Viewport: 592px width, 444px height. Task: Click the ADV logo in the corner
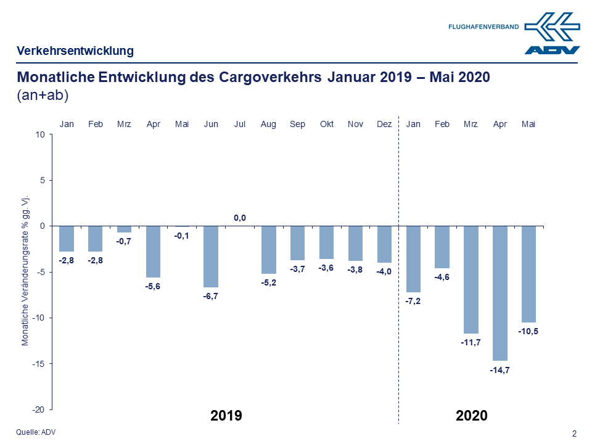pos(552,34)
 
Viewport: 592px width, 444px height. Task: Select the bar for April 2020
pos(499,293)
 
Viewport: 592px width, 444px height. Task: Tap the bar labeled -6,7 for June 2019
pos(211,257)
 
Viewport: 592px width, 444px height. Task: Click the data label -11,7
pos(471,342)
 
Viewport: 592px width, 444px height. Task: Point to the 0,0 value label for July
pos(240,218)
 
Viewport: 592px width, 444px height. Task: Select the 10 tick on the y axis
pos(41,134)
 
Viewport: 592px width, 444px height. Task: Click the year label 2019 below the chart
pos(226,416)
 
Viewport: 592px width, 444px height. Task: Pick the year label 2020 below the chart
pos(472,416)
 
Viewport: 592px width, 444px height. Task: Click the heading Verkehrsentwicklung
pos(75,51)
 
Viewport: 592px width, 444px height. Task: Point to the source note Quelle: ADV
pos(36,432)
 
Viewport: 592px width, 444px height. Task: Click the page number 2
pos(575,434)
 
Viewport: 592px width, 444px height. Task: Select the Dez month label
pos(384,124)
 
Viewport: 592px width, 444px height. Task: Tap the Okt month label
pos(327,124)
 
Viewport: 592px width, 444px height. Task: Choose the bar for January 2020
pos(413,259)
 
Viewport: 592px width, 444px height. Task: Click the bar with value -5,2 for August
pos(269,250)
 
